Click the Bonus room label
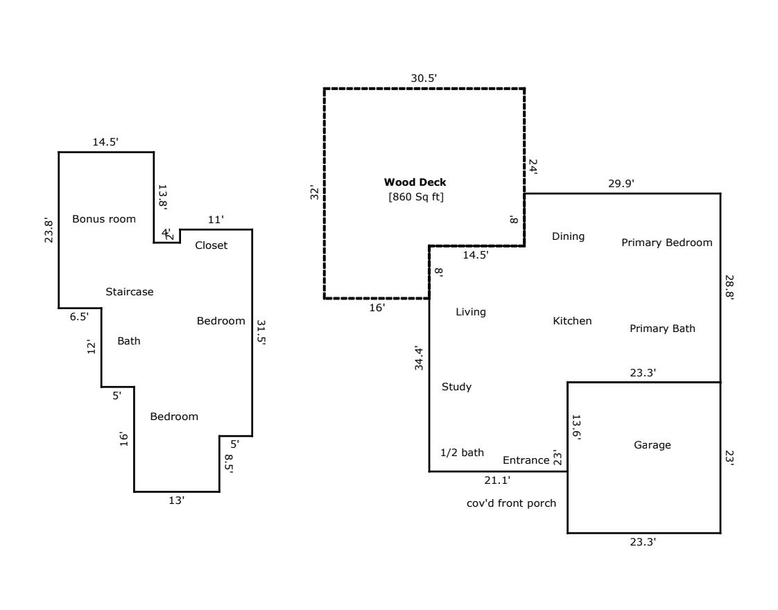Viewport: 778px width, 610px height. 104,219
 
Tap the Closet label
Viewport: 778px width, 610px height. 211,245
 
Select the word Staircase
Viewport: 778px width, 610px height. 130,292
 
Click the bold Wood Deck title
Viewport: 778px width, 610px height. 415,182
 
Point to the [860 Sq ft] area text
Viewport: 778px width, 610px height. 415,197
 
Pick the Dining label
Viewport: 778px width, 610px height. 568,236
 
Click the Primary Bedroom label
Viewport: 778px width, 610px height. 666,243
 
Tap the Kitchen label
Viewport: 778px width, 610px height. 572,321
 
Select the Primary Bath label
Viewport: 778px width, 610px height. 662,329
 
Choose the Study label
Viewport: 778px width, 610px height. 456,387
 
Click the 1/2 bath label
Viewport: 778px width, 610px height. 462,453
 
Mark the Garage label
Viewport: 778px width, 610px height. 652,445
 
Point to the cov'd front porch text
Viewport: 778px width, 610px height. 511,503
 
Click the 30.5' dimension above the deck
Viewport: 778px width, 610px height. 424,78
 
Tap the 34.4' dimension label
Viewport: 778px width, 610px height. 419,358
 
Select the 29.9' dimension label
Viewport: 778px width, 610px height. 621,184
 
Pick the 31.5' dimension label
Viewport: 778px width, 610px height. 261,333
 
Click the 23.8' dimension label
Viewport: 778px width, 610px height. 49,232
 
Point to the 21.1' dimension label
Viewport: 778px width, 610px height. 496,480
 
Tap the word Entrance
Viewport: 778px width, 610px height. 526,460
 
